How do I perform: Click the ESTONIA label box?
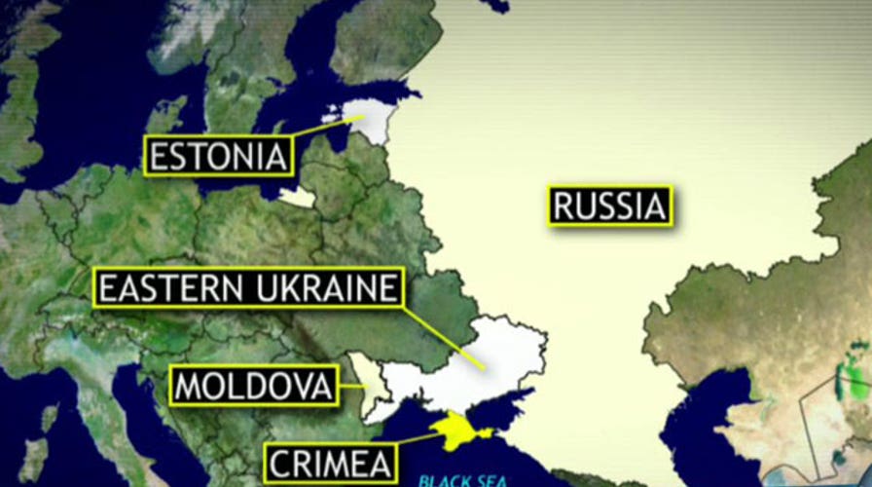(218, 156)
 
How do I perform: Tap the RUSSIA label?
(610, 206)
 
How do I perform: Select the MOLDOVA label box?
(254, 386)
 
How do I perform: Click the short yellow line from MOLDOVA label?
(351, 386)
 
